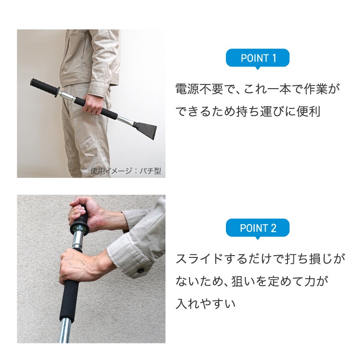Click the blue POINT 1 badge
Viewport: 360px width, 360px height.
[257, 58]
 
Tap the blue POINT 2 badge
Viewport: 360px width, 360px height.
[257, 228]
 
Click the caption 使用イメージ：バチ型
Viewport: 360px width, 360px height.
[126, 171]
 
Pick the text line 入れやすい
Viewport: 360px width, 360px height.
[206, 304]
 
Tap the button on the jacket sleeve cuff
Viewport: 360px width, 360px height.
[141, 270]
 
